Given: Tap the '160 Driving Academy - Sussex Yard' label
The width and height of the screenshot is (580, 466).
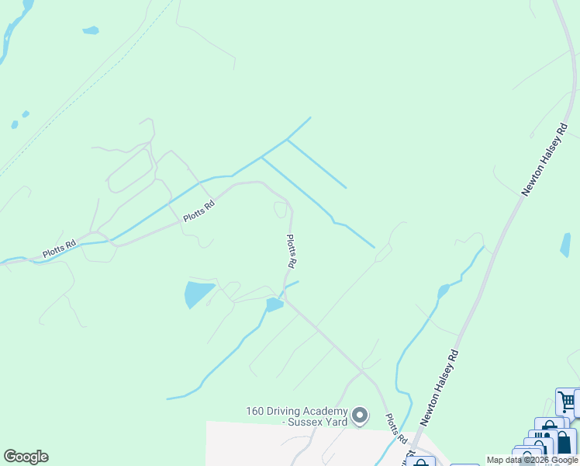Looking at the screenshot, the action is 297,416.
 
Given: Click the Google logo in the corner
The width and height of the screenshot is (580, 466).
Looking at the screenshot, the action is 26,457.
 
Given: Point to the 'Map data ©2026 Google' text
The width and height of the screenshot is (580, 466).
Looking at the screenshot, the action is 532,460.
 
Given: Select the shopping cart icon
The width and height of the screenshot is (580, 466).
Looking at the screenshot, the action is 567,402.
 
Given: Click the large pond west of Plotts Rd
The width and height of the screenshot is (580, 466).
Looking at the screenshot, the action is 199,294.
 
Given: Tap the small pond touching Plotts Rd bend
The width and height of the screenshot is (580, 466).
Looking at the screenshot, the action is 274,304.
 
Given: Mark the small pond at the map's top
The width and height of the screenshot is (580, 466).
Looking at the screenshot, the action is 91,31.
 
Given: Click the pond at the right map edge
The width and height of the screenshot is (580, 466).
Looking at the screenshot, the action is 565,245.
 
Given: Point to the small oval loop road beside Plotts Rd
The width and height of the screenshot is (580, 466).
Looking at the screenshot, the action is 281,210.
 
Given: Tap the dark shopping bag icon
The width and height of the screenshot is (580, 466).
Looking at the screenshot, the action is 564,443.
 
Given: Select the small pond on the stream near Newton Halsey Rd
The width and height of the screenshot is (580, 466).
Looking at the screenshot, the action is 443,291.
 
